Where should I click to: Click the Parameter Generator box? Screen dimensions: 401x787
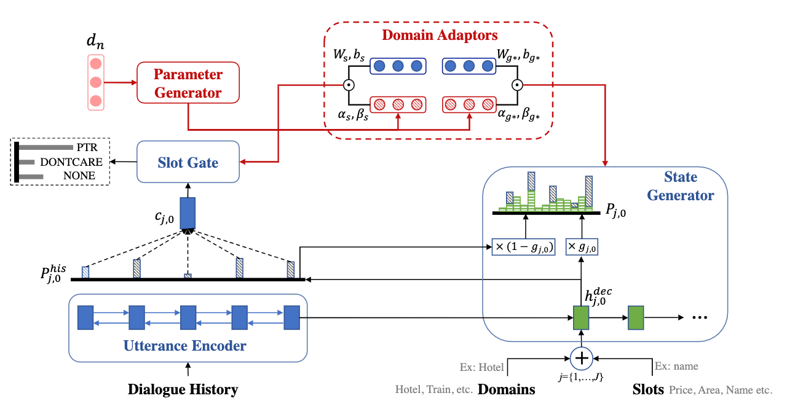pos(188,84)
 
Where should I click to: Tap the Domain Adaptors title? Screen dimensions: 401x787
pos(440,34)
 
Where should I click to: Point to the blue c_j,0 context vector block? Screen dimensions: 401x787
pos(188,214)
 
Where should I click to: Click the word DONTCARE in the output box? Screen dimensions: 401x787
pos(68,162)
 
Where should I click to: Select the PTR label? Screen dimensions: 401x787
pos(87,148)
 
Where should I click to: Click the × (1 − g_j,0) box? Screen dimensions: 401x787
pos(524,247)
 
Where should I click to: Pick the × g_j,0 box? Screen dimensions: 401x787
pos(581,247)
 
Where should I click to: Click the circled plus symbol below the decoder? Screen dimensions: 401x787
pos(580,357)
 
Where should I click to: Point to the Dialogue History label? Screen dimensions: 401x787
pos(183,389)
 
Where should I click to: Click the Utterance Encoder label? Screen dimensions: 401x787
pos(185,346)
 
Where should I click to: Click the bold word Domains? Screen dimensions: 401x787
pos(506,389)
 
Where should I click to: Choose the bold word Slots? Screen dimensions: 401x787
pos(648,389)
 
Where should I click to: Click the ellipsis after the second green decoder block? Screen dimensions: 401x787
pos(700,318)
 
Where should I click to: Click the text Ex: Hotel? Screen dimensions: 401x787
pos(481,367)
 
